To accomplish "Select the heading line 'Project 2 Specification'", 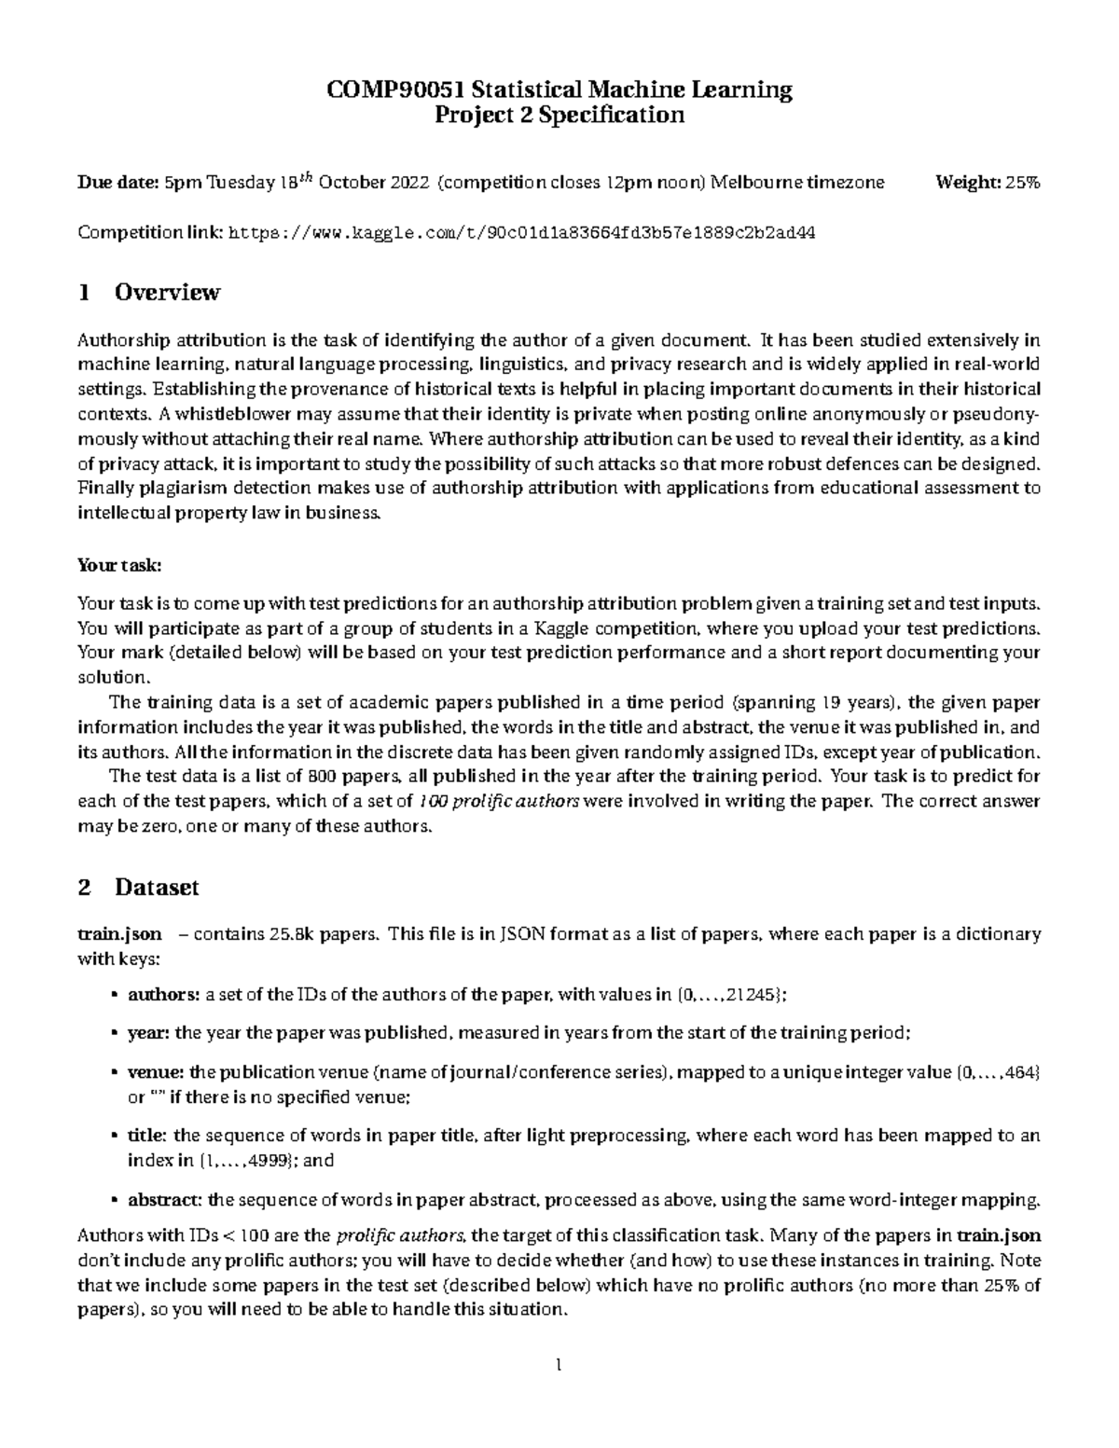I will pos(559,115).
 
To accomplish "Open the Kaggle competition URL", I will pos(521,233).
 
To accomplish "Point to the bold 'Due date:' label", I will pos(117,183).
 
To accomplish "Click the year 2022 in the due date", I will pos(405,183).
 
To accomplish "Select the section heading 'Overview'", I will pos(167,293).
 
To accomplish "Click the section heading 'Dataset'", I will pos(157,888).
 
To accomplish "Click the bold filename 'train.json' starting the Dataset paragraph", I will pos(119,934).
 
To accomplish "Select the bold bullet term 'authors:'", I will pos(164,995).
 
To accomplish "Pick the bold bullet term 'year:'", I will pos(148,1033).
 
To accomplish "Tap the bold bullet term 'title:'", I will pos(147,1136).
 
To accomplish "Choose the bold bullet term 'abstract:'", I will pos(164,1199).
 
